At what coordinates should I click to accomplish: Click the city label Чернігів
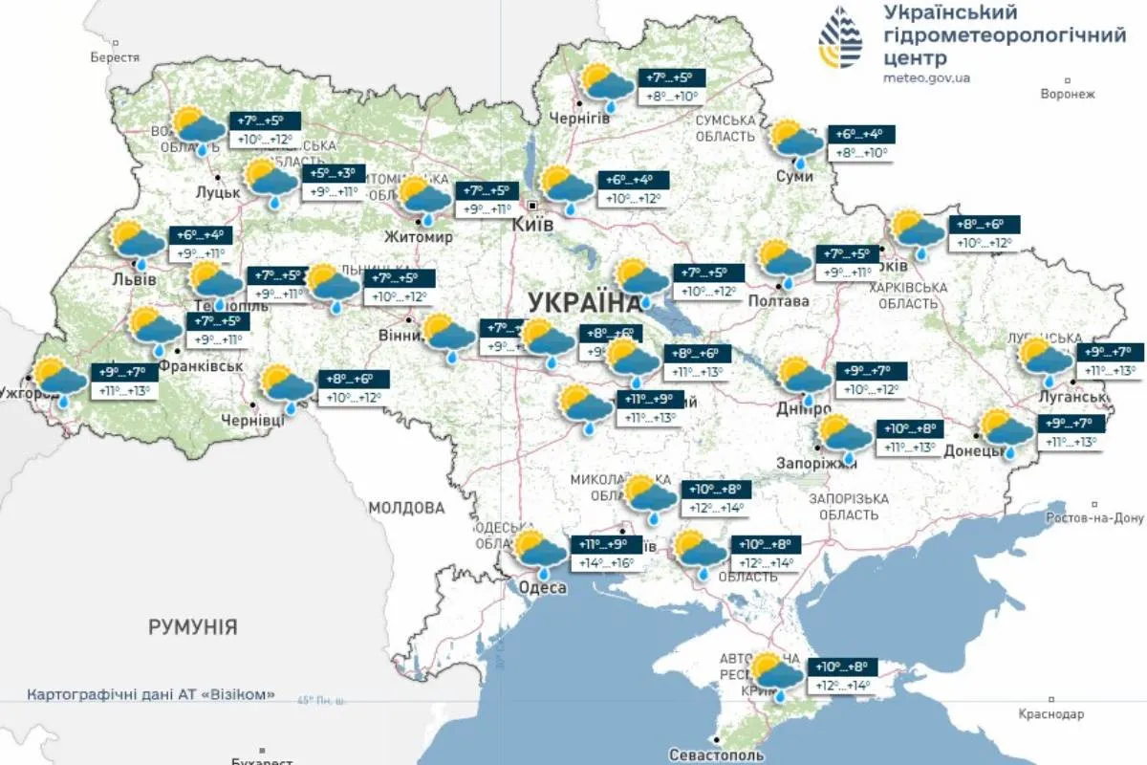(579, 118)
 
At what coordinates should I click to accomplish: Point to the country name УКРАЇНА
(583, 302)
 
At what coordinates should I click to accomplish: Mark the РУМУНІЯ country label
(192, 627)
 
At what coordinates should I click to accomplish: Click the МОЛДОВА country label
(407, 507)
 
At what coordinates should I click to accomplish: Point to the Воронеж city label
(1067, 94)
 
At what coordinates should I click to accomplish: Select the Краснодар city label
(1051, 714)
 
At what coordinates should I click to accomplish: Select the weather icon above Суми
(796, 142)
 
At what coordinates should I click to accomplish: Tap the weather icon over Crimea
(776, 674)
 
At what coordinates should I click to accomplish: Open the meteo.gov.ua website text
(926, 77)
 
